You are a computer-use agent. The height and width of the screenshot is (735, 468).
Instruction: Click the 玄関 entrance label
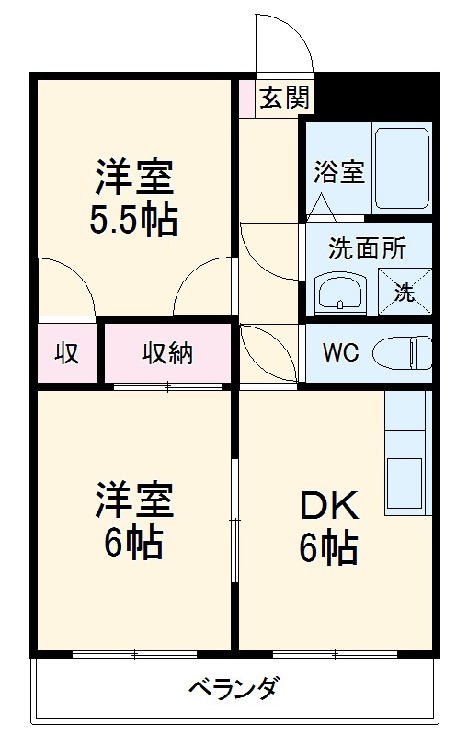283,98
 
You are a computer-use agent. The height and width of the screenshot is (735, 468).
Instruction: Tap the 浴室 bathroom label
339,172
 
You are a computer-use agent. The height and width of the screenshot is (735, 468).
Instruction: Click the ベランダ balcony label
234,688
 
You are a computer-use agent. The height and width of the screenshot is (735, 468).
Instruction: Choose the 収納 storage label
167,353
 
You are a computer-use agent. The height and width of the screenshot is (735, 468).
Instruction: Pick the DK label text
328,506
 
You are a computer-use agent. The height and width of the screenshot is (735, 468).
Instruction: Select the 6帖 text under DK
328,548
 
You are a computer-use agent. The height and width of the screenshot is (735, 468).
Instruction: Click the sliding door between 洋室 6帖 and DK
234,520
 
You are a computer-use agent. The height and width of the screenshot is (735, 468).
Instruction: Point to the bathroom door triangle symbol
322,206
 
